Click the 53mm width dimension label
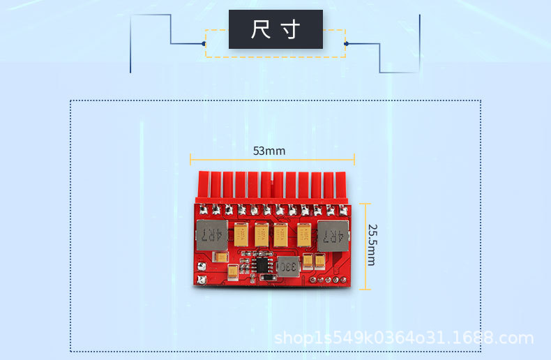click(x=269, y=151)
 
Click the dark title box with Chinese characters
click(x=275, y=29)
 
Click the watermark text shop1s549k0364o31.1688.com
click(x=404, y=339)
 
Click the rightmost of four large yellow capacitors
click(x=304, y=234)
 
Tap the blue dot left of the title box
click(x=204, y=44)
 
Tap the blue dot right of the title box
click(x=346, y=44)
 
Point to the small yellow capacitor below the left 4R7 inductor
click(x=221, y=258)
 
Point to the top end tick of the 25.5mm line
click(x=366, y=204)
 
